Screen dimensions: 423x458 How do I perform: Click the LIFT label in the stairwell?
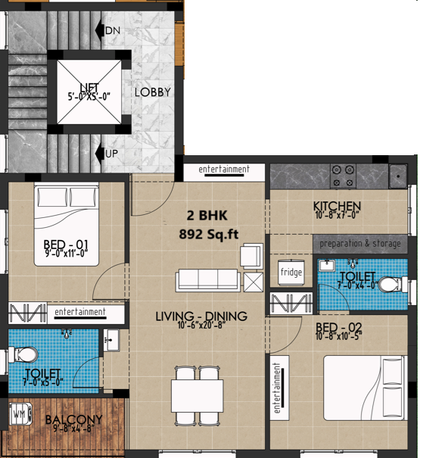[x=89, y=87]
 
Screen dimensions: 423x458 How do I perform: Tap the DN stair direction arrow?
[x=100, y=30]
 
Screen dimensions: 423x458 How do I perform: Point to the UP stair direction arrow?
[x=100, y=154]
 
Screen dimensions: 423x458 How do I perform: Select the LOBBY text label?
[x=153, y=92]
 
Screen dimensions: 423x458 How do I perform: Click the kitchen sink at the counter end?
[x=398, y=176]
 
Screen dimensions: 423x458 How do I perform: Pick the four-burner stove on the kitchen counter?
[x=343, y=176]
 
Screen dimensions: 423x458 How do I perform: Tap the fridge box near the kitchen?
[x=291, y=273]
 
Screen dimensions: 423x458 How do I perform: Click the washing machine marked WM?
[x=20, y=414]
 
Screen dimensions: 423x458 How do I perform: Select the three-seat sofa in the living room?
[x=207, y=280]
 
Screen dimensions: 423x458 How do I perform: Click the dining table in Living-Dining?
[x=197, y=395]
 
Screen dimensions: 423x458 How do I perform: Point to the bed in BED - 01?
[x=67, y=224]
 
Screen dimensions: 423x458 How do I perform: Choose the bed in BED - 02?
[x=365, y=388]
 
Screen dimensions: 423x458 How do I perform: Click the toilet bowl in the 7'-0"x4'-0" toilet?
[x=392, y=285]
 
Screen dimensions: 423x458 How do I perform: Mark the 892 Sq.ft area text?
[x=208, y=234]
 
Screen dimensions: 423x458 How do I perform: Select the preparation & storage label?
[x=360, y=244]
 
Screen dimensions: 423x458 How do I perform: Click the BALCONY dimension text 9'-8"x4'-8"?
[x=74, y=428]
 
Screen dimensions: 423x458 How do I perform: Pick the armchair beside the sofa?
[x=251, y=256]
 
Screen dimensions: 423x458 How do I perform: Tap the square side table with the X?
[x=253, y=282]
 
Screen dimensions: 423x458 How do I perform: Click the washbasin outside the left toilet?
[x=111, y=340]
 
